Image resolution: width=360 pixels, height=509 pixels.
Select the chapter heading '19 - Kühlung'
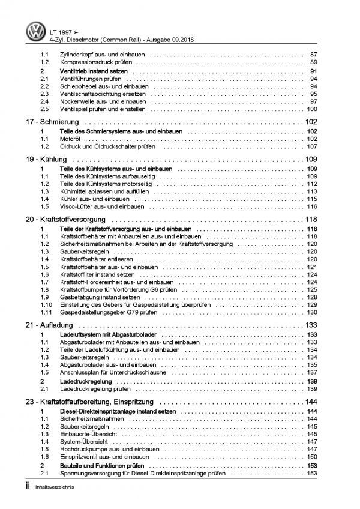(x=41, y=160)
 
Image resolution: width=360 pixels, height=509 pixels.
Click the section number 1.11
(x=46, y=312)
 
